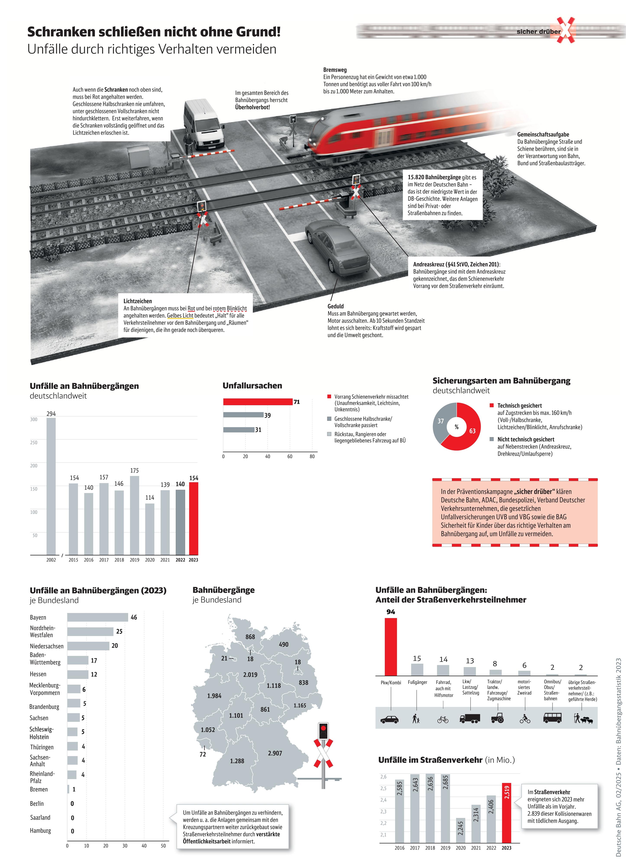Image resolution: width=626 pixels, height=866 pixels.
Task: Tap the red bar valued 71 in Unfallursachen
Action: click(258, 402)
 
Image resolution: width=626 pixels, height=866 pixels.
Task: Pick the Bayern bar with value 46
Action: click(98, 617)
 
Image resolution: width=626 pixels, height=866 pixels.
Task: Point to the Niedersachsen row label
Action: click(47, 646)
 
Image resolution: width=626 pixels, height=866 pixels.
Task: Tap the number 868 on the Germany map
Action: click(250, 637)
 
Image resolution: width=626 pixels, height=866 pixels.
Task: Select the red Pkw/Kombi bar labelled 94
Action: click(391, 647)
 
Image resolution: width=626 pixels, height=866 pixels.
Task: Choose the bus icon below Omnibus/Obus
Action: click(552, 718)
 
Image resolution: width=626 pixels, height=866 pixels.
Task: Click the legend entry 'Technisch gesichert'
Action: click(519, 406)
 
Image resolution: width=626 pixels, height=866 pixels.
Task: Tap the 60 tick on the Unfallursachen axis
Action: click(290, 456)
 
